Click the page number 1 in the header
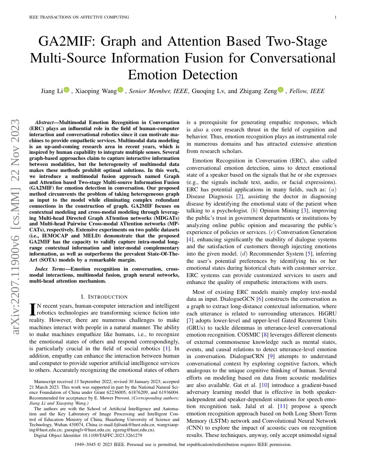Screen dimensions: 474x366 [335, 17]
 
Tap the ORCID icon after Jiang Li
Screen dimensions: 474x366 [66, 90]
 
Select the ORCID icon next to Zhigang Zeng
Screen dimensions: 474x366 [281, 90]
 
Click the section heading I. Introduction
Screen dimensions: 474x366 [104, 297]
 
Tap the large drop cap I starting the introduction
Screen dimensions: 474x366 [31, 309]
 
